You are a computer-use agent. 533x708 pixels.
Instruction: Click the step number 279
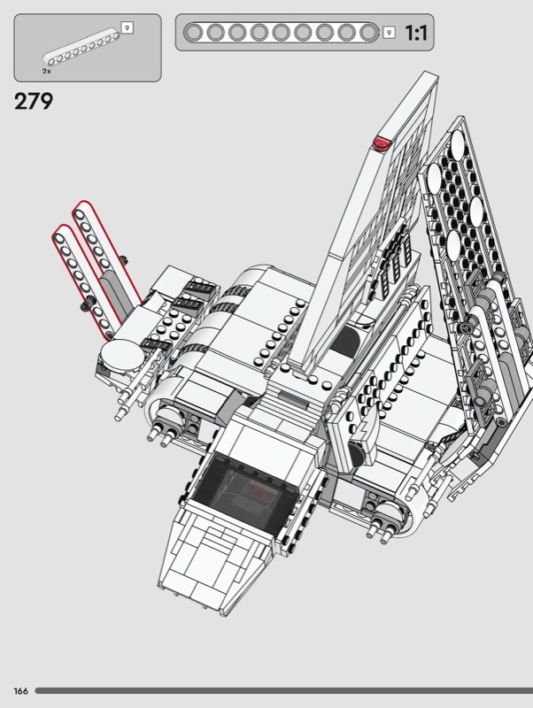tap(34, 101)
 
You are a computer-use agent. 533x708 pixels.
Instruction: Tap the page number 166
tap(20, 691)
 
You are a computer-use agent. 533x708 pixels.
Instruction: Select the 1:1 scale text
tap(415, 33)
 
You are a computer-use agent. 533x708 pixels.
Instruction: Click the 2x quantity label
tap(47, 72)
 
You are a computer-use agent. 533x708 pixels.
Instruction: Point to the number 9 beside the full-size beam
tap(389, 33)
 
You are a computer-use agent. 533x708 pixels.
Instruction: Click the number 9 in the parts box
tap(127, 28)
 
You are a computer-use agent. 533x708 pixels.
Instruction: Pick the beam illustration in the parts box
tap(81, 48)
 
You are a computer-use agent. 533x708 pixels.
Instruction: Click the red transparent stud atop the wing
tap(382, 142)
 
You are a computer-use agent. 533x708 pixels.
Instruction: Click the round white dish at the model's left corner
tap(122, 356)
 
